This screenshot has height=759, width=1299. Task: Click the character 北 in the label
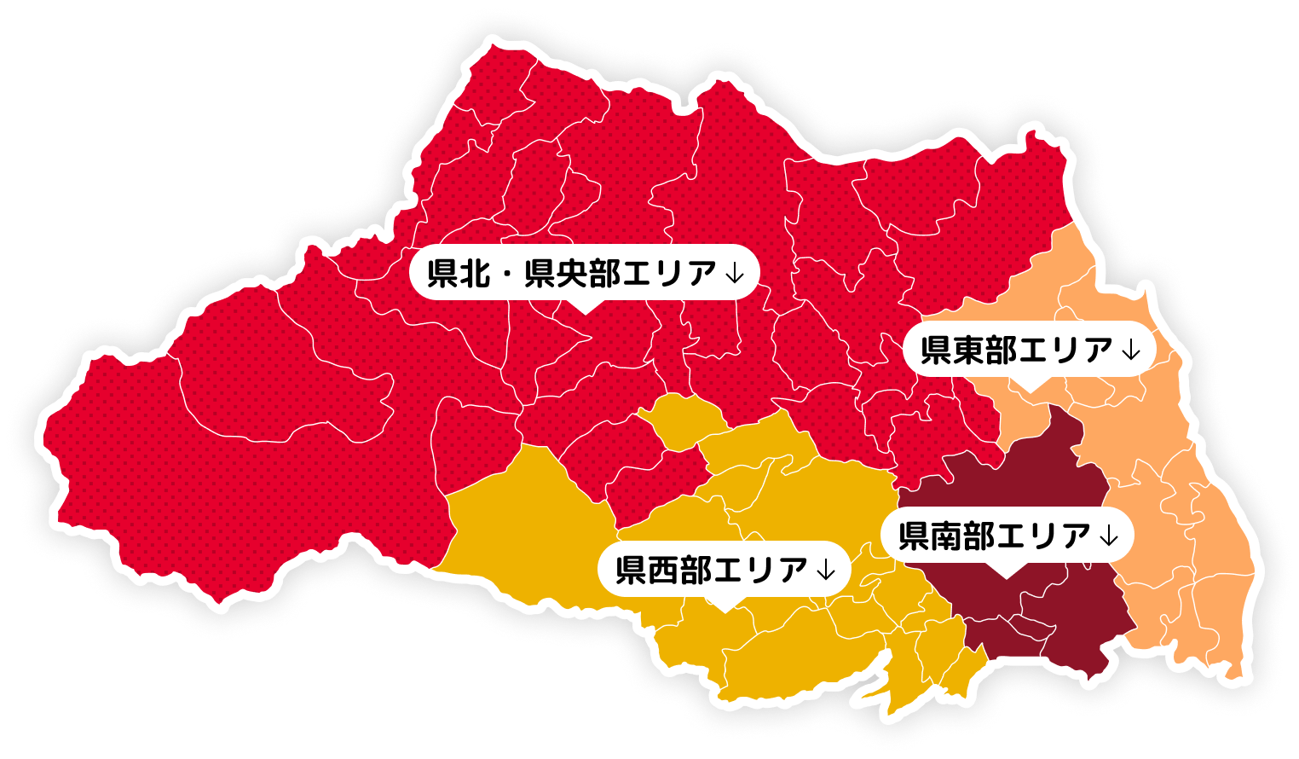(x=475, y=274)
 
